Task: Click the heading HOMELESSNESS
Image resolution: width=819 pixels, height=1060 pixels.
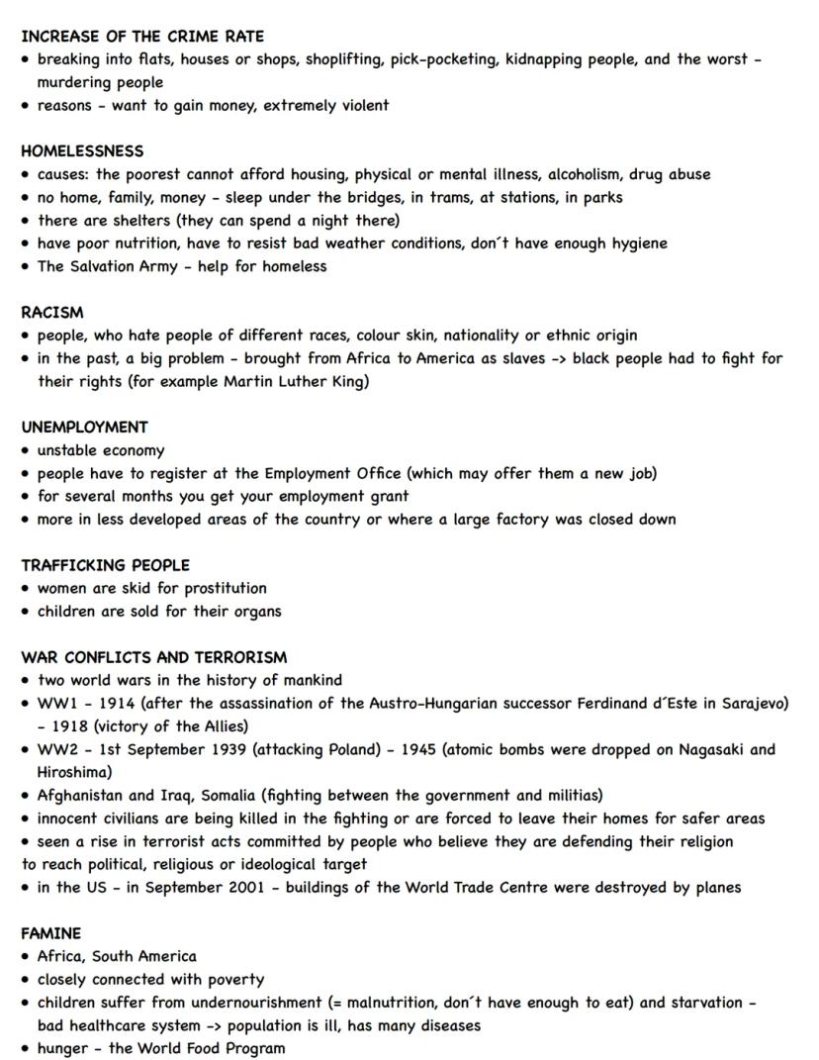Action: click(x=82, y=151)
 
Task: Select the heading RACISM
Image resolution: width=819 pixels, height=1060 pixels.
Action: click(x=52, y=312)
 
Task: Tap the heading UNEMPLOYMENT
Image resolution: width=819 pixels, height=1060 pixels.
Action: click(x=84, y=428)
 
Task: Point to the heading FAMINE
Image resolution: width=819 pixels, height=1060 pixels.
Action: click(x=50, y=933)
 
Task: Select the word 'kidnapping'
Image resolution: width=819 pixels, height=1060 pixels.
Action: click(x=546, y=59)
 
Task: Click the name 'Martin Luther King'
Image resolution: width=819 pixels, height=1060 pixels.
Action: click(x=293, y=381)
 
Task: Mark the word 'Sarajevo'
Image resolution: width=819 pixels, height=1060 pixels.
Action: click(x=747, y=704)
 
